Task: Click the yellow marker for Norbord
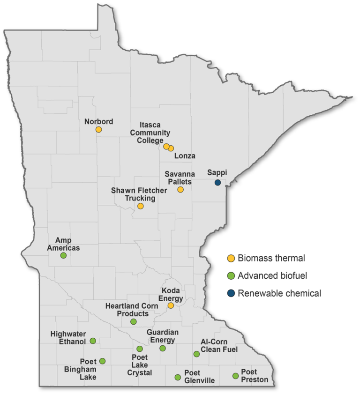coord(98,129)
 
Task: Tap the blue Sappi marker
coord(217,182)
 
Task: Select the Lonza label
coord(184,156)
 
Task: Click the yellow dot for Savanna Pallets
coord(180,189)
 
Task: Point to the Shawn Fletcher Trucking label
coord(134,194)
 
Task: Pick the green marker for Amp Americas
coord(63,255)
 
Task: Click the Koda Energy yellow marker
coord(171,305)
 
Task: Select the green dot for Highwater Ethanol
coord(93,341)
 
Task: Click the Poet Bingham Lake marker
coord(102,361)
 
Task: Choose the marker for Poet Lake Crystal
coord(139,349)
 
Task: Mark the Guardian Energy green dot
coord(163,348)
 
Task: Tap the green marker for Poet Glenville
coord(178,377)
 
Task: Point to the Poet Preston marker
coord(235,376)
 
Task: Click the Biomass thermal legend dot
coord(231,258)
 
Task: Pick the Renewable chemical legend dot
coord(231,293)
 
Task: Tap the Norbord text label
coord(98,121)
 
